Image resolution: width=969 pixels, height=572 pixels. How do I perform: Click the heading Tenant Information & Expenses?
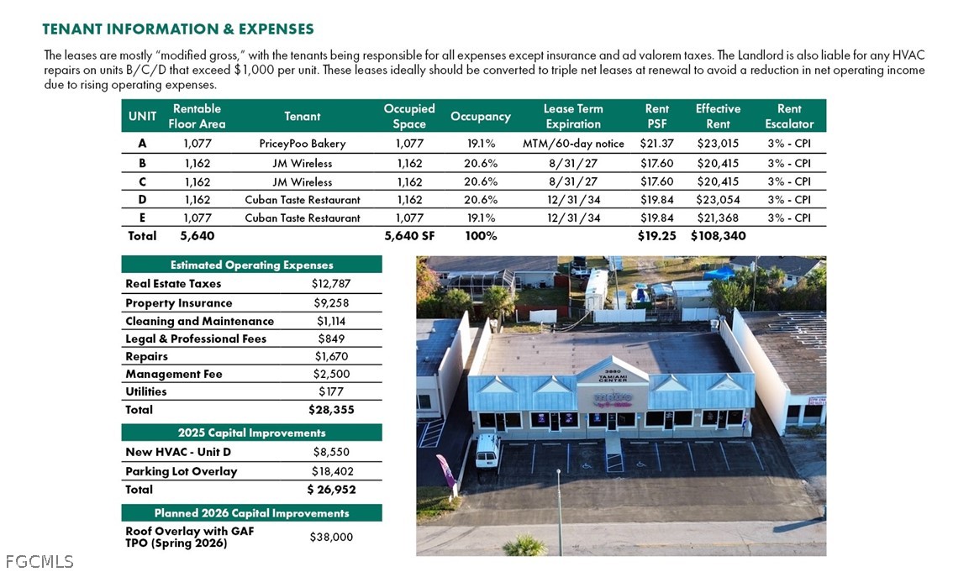(x=178, y=29)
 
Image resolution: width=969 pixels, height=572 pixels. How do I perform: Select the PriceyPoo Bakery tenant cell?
(x=302, y=144)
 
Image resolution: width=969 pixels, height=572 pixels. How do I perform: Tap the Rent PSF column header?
(x=656, y=116)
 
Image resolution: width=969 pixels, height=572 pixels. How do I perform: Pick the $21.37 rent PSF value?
(x=656, y=144)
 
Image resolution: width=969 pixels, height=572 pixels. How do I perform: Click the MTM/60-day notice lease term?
(x=573, y=144)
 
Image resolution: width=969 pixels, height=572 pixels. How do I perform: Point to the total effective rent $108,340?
(x=718, y=236)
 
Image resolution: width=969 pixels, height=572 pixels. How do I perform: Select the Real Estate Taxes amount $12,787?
(x=330, y=284)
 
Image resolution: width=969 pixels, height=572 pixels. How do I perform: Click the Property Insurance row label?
(x=178, y=303)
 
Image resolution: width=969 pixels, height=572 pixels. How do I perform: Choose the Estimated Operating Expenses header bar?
(x=251, y=265)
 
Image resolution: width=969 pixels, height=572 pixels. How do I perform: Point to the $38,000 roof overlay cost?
(x=331, y=537)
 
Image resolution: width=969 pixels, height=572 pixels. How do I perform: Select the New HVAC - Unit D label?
(x=178, y=452)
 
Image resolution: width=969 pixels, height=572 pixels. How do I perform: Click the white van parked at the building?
(x=487, y=451)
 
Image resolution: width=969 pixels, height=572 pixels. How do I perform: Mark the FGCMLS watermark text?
(x=39, y=561)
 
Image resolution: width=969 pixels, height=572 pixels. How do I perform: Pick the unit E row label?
(x=142, y=218)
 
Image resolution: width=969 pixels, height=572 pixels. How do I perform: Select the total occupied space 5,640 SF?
(x=409, y=236)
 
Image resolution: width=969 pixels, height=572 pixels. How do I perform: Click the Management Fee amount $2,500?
(x=331, y=374)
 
